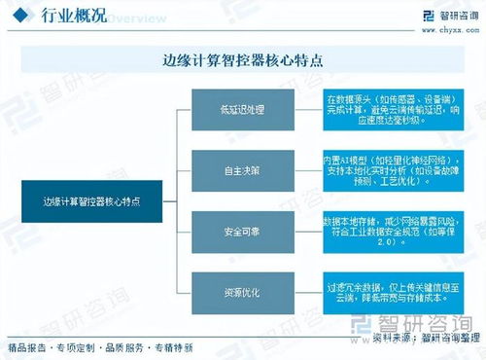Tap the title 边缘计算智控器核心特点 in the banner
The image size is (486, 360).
242,59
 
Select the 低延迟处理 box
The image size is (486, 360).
241,108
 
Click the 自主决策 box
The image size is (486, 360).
241,169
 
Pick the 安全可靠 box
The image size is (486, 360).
241,231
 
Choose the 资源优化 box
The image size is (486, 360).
241,291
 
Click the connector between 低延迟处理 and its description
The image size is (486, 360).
306,108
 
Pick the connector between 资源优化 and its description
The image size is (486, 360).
306,291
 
